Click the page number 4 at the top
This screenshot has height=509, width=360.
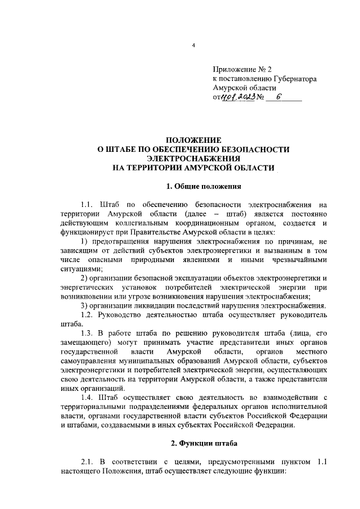[x=192, y=46]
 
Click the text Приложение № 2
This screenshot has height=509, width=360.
[x=235, y=70]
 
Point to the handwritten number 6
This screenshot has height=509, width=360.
[x=277, y=97]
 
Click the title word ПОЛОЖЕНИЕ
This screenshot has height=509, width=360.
[x=193, y=140]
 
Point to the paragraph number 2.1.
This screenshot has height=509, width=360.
[x=89, y=462]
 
